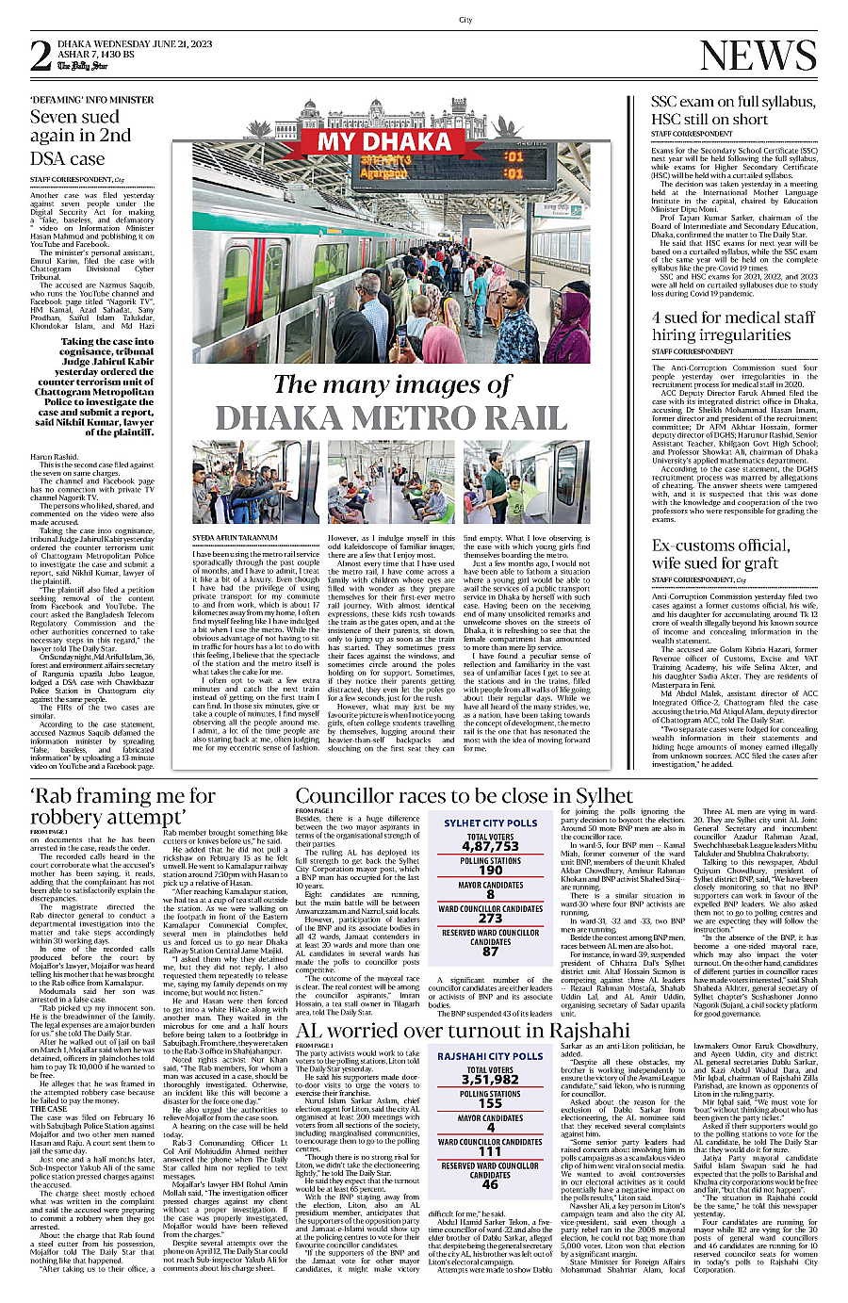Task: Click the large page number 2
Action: (41, 57)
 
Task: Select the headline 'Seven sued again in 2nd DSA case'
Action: (81, 138)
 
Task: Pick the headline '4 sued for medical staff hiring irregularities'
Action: (733, 326)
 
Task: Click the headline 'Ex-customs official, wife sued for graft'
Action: (721, 554)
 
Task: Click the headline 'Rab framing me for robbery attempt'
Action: (122, 807)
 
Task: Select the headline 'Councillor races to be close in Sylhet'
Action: (464, 796)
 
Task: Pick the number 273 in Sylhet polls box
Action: (490, 918)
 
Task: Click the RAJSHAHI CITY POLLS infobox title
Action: (490, 1056)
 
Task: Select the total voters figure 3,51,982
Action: (490, 1080)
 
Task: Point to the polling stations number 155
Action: (490, 1103)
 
